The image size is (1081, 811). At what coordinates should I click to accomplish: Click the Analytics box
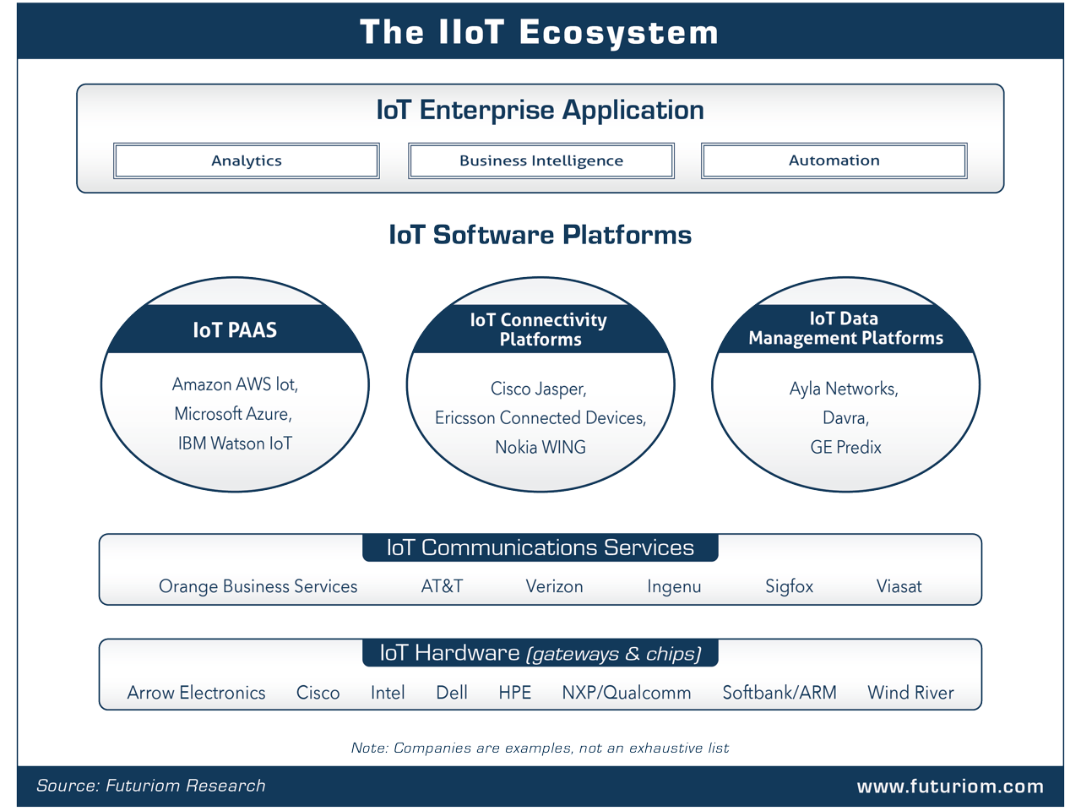click(247, 161)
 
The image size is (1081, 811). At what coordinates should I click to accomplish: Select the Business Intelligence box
click(541, 161)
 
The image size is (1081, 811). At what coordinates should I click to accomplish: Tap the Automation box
click(834, 161)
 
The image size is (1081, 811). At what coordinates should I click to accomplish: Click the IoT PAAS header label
click(235, 330)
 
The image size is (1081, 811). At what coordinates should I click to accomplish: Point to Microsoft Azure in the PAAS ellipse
click(233, 414)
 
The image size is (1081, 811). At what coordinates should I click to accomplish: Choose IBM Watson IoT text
click(235, 444)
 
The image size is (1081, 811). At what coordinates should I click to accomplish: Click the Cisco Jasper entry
click(539, 389)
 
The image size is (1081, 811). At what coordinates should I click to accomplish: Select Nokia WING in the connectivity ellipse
click(540, 447)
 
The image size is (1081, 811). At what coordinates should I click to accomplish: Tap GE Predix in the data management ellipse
click(845, 447)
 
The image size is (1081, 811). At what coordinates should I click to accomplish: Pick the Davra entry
click(845, 418)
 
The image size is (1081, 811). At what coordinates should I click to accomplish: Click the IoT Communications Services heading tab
click(540, 547)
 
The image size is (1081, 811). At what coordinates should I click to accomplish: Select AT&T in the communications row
click(443, 586)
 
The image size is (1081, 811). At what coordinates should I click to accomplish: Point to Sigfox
click(789, 586)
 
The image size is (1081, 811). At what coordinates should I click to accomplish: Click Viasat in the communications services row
click(899, 586)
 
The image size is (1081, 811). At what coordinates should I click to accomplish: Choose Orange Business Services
click(258, 586)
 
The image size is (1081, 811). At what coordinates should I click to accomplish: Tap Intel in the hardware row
click(388, 693)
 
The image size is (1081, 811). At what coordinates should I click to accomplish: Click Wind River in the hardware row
click(910, 693)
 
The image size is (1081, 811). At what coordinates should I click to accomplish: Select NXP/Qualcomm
click(627, 693)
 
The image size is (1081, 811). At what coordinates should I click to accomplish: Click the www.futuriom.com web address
click(950, 787)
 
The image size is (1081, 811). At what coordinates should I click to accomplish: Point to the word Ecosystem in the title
click(618, 33)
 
